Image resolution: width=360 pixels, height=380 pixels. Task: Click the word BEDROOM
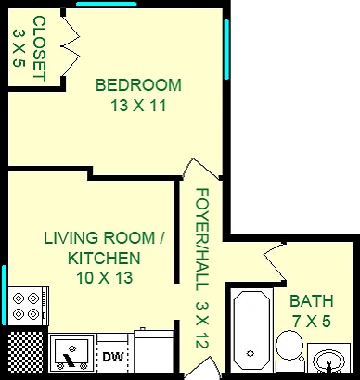[139, 85]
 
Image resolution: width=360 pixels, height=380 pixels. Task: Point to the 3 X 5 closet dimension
[19, 47]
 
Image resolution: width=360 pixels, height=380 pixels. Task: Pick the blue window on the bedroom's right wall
[227, 51]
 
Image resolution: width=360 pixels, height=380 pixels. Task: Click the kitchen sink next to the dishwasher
[71, 353]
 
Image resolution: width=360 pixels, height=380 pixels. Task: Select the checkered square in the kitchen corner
[24, 352]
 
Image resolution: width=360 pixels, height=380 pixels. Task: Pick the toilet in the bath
[289, 348]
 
